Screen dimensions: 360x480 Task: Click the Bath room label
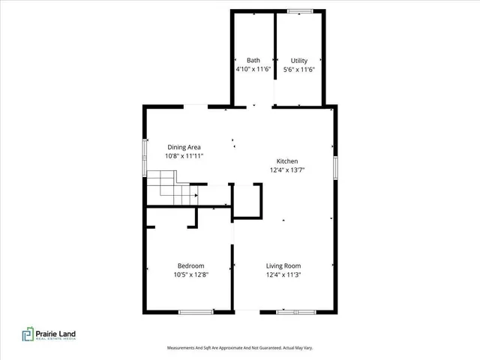coord(253,60)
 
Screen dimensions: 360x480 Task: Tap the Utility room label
coord(298,60)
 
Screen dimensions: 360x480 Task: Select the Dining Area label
coord(184,147)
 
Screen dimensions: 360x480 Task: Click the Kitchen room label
coord(288,161)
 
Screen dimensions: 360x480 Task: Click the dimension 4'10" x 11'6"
coord(253,69)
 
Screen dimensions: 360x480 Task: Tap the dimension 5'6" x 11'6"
coord(298,69)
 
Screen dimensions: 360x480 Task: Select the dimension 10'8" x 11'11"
coord(184,156)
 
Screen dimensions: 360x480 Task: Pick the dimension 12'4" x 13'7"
coord(288,170)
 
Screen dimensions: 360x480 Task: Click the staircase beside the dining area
coord(172,188)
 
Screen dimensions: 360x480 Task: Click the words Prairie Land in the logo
coord(58,332)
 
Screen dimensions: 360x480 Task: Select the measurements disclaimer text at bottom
coord(239,348)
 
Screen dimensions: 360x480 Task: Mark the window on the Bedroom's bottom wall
coord(194,311)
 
